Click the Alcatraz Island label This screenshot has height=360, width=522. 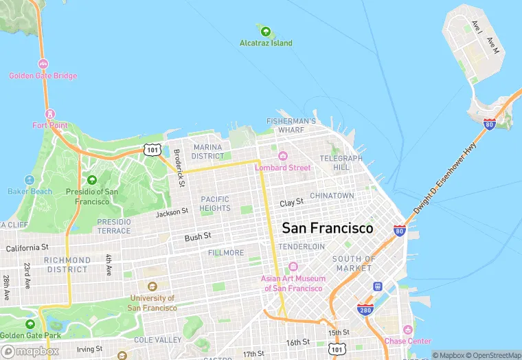click(x=266, y=43)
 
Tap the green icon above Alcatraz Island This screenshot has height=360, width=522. click(x=265, y=30)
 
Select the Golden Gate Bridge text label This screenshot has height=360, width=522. click(x=43, y=76)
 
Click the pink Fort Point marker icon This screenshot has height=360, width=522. click(x=49, y=114)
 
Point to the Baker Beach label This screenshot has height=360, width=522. click(x=30, y=192)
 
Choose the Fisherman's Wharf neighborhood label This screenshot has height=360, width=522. click(x=291, y=126)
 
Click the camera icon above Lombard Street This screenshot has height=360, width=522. click(x=282, y=157)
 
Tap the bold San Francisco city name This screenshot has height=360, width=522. click(x=328, y=228)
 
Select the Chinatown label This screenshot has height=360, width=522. click(x=332, y=196)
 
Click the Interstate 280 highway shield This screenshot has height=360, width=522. click(x=365, y=311)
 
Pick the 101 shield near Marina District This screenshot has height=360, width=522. click(x=152, y=148)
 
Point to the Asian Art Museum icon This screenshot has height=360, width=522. click(x=293, y=267)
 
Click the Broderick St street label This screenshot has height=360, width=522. click(x=179, y=168)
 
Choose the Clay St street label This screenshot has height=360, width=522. click(x=291, y=203)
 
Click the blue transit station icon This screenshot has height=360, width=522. click(x=377, y=286)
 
